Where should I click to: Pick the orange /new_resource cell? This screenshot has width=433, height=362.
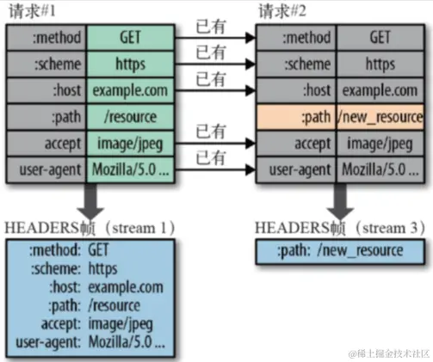(x=380, y=116)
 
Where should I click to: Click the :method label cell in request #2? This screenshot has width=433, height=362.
(x=297, y=38)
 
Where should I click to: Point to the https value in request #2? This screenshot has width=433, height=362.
(x=380, y=64)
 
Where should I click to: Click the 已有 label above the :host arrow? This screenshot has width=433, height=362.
(x=210, y=79)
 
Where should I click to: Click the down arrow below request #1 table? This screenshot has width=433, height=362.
(x=87, y=199)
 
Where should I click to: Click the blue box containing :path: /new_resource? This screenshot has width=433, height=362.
(x=339, y=250)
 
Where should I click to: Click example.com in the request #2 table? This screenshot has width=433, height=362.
(x=380, y=89)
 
